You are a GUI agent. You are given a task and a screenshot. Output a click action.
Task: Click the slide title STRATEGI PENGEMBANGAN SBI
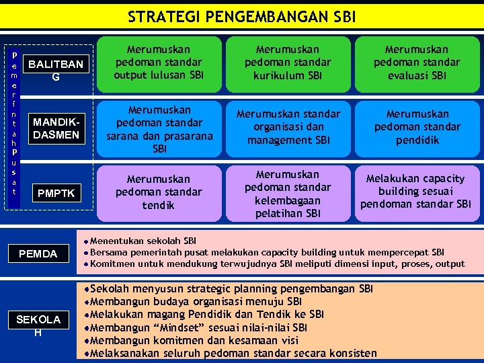[241, 17]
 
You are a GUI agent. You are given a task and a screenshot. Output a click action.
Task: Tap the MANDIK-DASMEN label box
[56, 128]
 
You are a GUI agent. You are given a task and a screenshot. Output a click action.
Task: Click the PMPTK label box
[56, 194]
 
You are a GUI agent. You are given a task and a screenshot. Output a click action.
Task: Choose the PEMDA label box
[38, 253]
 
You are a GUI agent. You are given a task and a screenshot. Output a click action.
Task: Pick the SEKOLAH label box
[38, 325]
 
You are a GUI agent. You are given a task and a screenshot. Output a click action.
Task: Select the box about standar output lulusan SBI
[159, 63]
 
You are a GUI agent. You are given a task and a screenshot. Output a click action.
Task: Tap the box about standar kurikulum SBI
[287, 63]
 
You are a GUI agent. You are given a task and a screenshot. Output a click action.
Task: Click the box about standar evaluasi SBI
[417, 63]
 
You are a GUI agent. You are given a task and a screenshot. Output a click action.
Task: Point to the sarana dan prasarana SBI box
[159, 128]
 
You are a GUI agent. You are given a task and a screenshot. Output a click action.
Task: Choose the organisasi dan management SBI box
[287, 127]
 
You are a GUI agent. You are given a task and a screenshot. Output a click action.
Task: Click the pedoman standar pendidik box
[417, 127]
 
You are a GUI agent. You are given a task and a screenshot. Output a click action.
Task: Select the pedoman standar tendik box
[159, 192]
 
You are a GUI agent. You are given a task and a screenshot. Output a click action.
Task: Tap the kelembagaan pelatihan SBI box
[287, 194]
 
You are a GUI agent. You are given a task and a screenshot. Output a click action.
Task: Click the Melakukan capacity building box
[417, 191]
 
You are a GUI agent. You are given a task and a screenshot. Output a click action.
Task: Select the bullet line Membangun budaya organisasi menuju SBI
[195, 302]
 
